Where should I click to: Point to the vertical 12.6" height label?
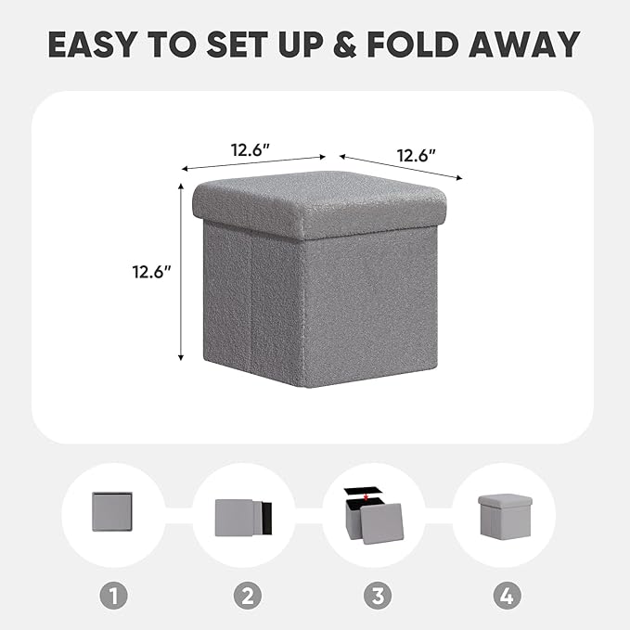[x=152, y=273]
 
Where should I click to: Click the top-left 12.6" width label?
[x=251, y=148]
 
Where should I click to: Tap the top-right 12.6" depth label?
[x=418, y=155]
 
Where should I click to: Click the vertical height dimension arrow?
[x=181, y=273]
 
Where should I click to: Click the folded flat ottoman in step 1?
[x=112, y=512]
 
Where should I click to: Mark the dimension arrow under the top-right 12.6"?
[x=401, y=167]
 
